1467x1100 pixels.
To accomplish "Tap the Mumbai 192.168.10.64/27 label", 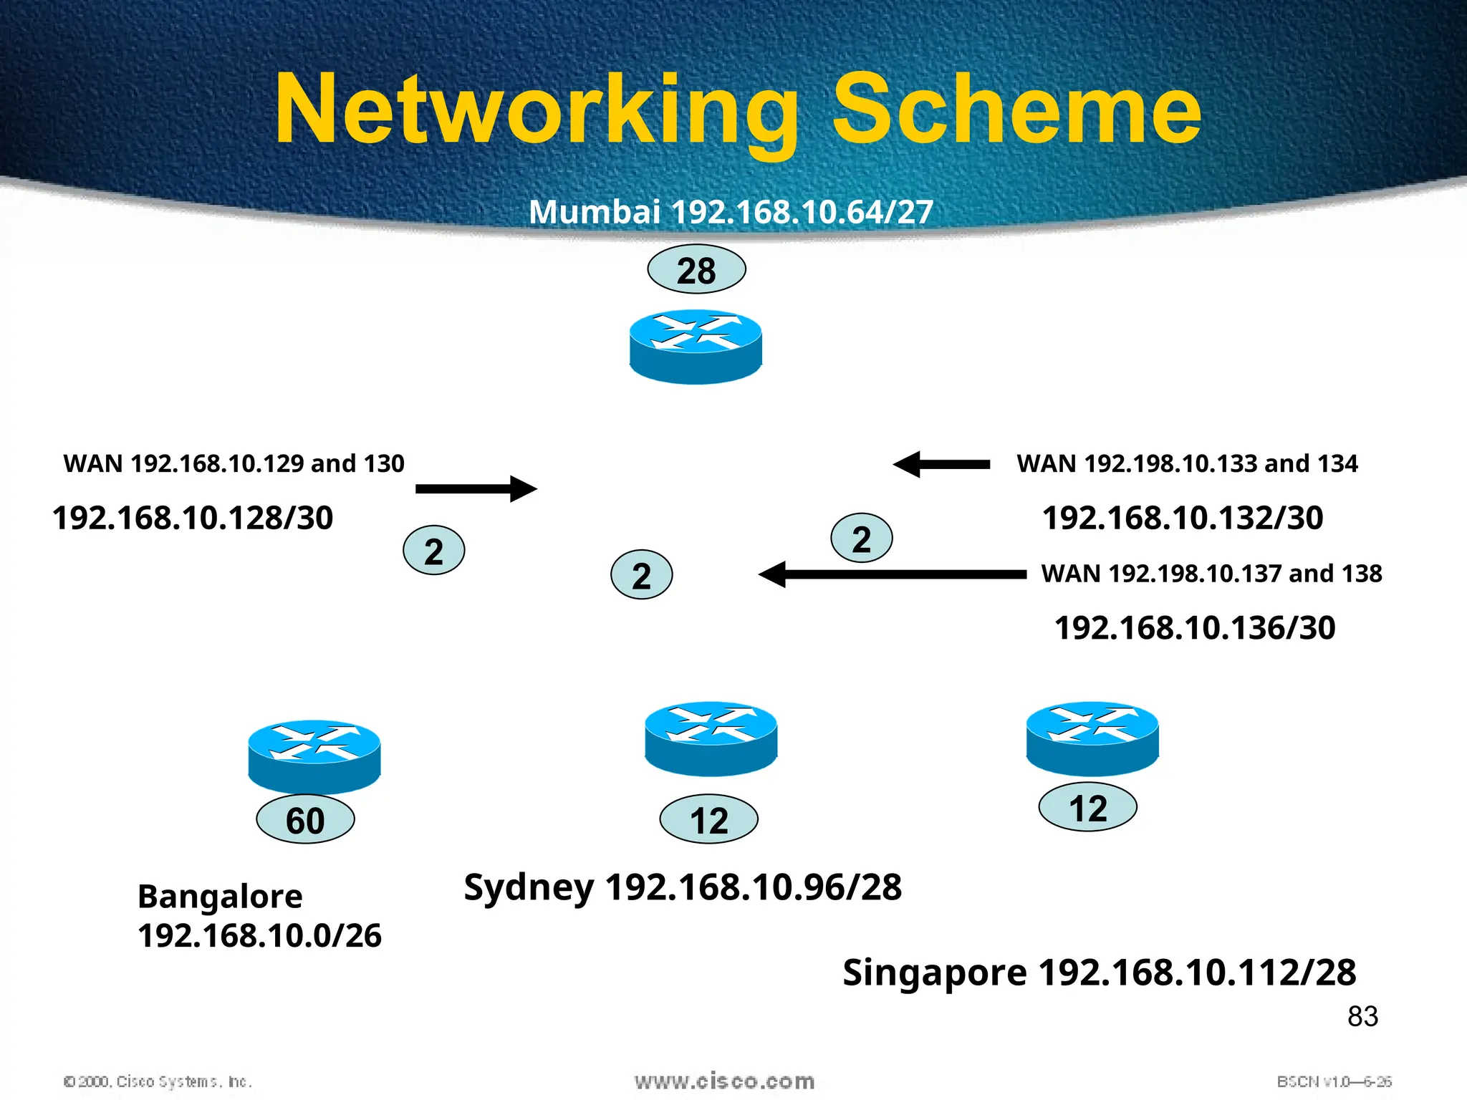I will tap(731, 212).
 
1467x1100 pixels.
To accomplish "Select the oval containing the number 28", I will tap(696, 270).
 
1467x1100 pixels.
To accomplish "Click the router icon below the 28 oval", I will tap(696, 347).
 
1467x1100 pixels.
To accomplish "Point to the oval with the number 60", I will tap(305, 819).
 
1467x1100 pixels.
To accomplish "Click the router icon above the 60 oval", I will tap(314, 756).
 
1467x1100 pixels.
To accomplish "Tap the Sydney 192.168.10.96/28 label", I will tap(683, 887).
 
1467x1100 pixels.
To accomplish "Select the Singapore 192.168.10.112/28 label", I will tap(1099, 973).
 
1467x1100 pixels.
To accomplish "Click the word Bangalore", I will tap(220, 897).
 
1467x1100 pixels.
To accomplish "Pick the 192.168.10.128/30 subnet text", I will tap(193, 518).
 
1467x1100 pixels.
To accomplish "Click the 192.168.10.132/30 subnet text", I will tap(1183, 518).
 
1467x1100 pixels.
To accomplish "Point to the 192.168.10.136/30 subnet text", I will tap(1195, 628).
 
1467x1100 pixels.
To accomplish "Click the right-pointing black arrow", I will tap(476, 489).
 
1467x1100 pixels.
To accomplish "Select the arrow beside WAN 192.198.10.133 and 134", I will tap(941, 465).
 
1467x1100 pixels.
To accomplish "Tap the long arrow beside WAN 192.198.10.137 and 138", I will tap(892, 574).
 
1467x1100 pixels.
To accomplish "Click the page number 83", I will tap(1362, 1016).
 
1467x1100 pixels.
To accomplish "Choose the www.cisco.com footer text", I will tap(724, 1081).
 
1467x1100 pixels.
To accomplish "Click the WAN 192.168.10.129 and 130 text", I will tap(234, 464).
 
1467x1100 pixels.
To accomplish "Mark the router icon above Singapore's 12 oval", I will tap(1092, 738).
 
